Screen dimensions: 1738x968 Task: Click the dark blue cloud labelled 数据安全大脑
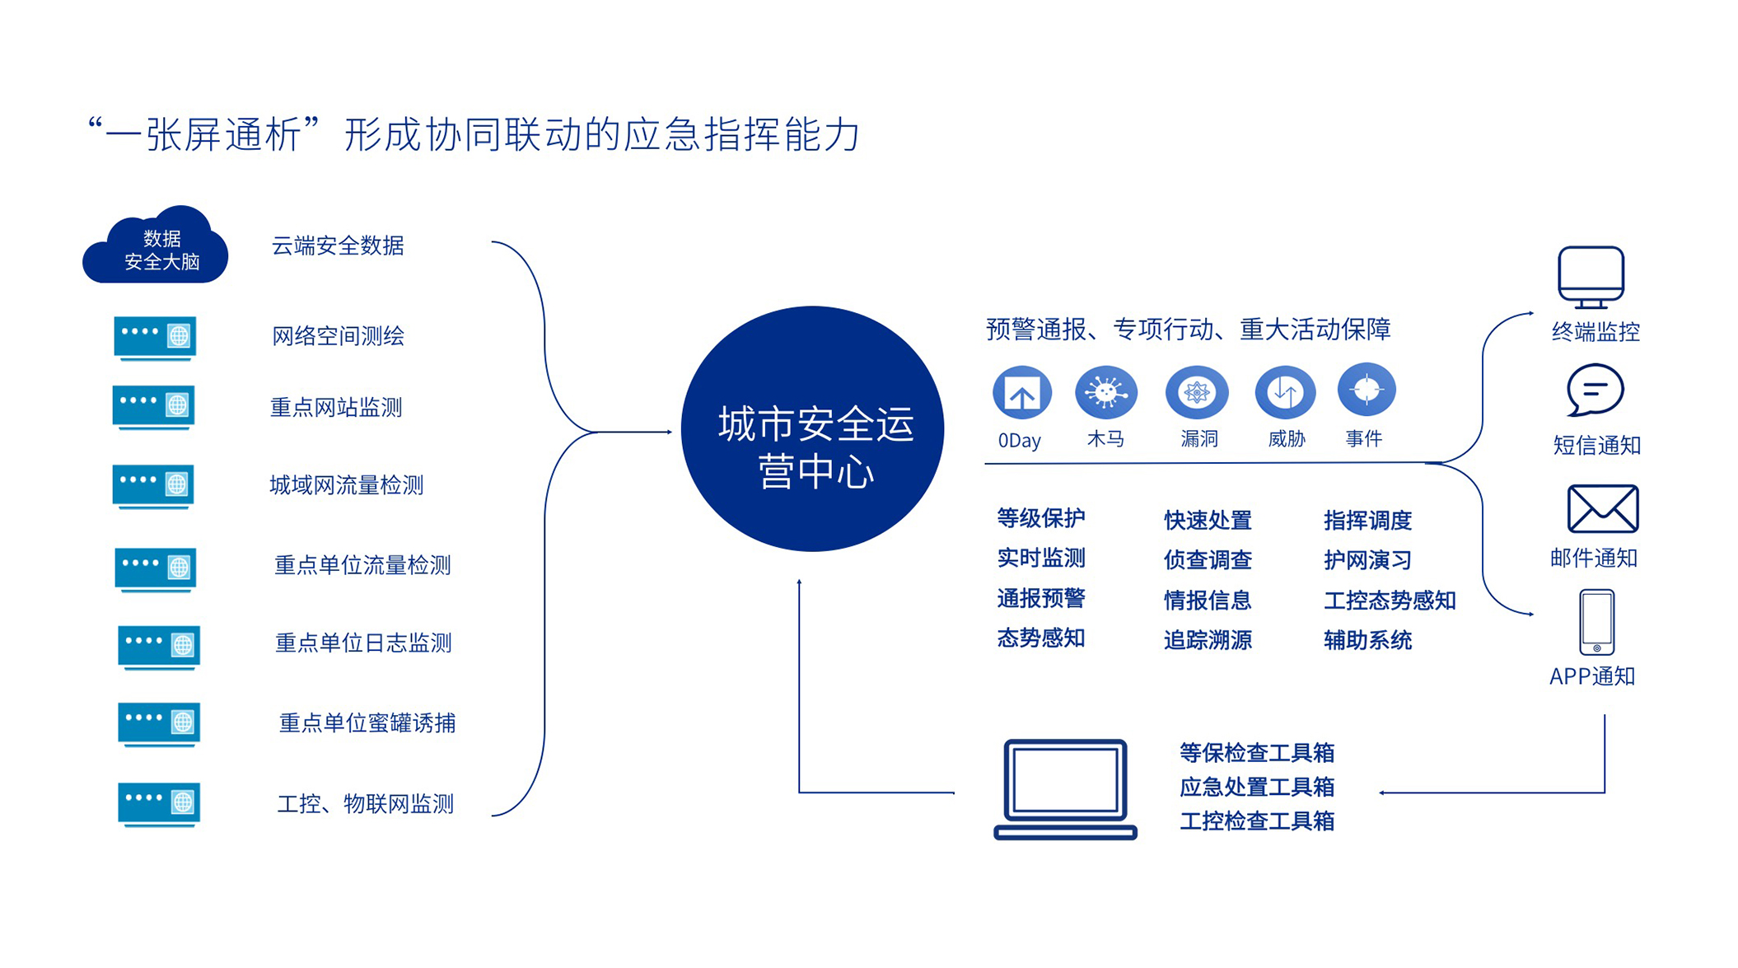pos(156,246)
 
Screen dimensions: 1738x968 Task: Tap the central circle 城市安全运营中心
pos(813,428)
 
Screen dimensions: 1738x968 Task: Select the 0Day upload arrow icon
pos(1022,393)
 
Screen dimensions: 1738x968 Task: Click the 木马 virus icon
pos(1106,392)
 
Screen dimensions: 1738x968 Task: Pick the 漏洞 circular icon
pos(1197,392)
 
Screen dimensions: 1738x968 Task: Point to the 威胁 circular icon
pos(1285,392)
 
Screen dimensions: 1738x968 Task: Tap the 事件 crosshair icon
pos(1367,390)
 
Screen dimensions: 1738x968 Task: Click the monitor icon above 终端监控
pos(1591,278)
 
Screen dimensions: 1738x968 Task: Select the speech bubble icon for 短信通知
pos(1596,390)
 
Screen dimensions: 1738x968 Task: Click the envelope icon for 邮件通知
pos(1602,508)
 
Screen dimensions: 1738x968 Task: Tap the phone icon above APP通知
pos(1596,622)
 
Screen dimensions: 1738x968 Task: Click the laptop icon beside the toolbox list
pos(1065,789)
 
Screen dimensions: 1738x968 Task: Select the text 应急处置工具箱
pos(1257,787)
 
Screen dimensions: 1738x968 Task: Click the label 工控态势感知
pos(1390,600)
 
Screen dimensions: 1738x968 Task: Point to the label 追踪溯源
pos(1208,640)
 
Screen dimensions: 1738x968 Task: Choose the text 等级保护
pos(1041,518)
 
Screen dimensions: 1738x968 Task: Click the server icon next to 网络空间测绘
pos(155,338)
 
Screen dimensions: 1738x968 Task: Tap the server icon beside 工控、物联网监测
pos(159,804)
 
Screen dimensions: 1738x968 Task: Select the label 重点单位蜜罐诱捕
pos(367,723)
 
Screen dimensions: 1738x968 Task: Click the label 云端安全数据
pos(338,246)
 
